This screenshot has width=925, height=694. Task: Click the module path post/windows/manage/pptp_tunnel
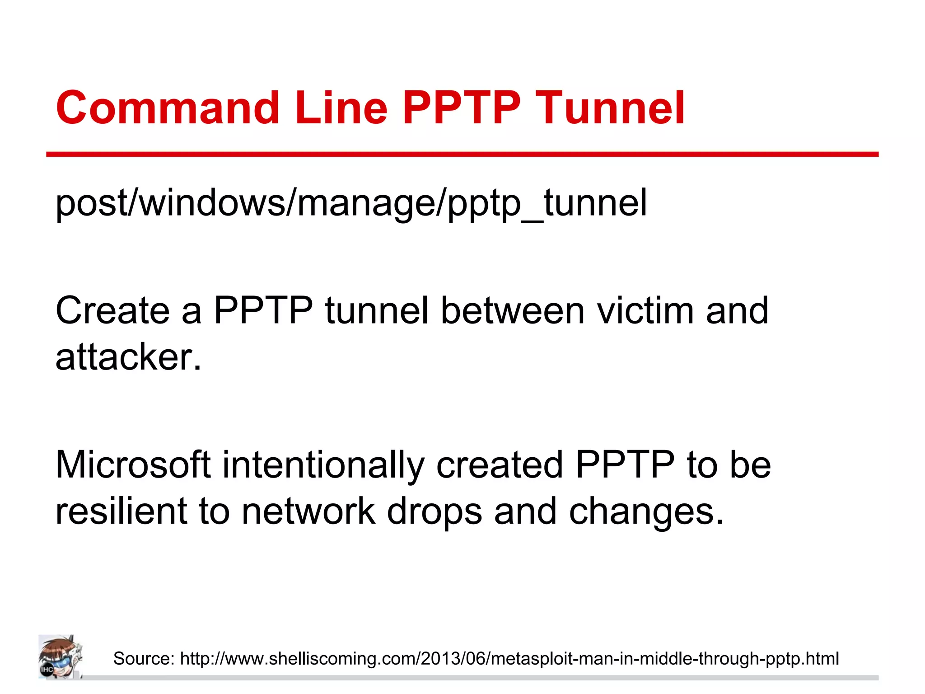pyautogui.click(x=351, y=203)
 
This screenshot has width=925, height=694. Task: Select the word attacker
pyautogui.click(x=128, y=357)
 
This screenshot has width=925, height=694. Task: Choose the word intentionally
pyautogui.click(x=323, y=465)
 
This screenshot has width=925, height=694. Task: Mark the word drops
pyautogui.click(x=434, y=512)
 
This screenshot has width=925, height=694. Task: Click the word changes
pyautogui.click(x=646, y=512)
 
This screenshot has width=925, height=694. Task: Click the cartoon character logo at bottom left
pyautogui.click(x=60, y=656)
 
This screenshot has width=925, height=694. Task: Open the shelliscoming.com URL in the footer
pyautogui.click(x=509, y=659)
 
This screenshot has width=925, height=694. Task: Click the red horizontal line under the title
pyautogui.click(x=462, y=155)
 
